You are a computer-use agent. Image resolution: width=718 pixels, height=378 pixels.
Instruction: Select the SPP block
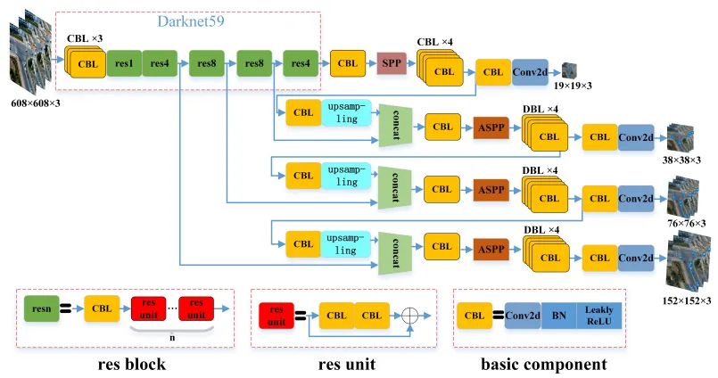[x=390, y=62]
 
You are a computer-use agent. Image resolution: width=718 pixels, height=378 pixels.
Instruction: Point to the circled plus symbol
[x=410, y=315]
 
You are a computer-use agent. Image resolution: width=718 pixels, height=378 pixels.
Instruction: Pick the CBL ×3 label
[x=85, y=38]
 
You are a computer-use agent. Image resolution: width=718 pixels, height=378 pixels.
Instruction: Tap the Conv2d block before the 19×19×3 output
[x=530, y=71]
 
